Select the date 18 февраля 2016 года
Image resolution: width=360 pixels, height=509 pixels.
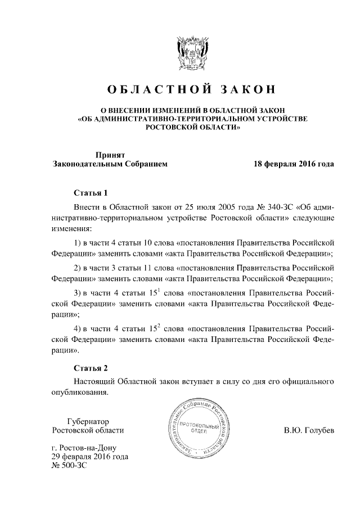point(294,164)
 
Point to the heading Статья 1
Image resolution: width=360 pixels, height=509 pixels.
point(90,193)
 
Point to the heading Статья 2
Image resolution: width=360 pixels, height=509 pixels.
point(90,368)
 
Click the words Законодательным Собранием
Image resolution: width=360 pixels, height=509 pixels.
point(110,164)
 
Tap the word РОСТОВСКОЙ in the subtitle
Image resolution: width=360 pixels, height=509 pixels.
point(168,128)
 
